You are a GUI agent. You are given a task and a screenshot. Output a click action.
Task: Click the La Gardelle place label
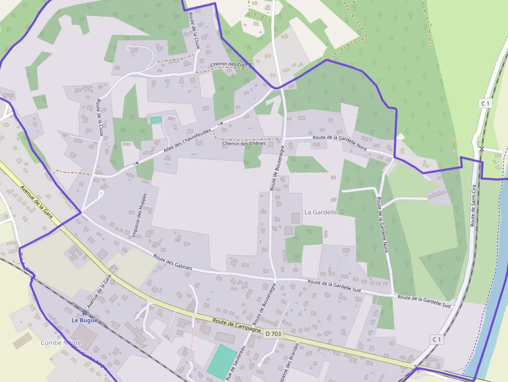click(x=321, y=212)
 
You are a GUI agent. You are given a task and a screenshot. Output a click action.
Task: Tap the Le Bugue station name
click(x=84, y=320)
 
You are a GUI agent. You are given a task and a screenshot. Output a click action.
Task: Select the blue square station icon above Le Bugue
click(x=84, y=313)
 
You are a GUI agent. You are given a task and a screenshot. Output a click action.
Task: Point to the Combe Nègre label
click(x=61, y=343)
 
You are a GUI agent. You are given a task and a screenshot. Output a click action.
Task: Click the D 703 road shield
click(x=273, y=334)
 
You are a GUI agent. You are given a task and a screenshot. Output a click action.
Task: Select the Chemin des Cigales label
click(x=231, y=65)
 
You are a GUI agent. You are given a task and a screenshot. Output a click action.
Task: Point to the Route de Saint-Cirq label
click(x=473, y=204)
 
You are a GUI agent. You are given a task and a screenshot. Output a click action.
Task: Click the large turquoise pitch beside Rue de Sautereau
click(x=222, y=361)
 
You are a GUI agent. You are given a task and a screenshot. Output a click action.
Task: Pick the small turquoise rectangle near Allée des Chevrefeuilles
click(x=156, y=120)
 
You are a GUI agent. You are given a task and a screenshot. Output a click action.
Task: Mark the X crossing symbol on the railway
click(x=482, y=149)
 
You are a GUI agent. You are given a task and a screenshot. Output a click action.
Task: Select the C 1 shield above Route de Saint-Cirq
click(x=485, y=103)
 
